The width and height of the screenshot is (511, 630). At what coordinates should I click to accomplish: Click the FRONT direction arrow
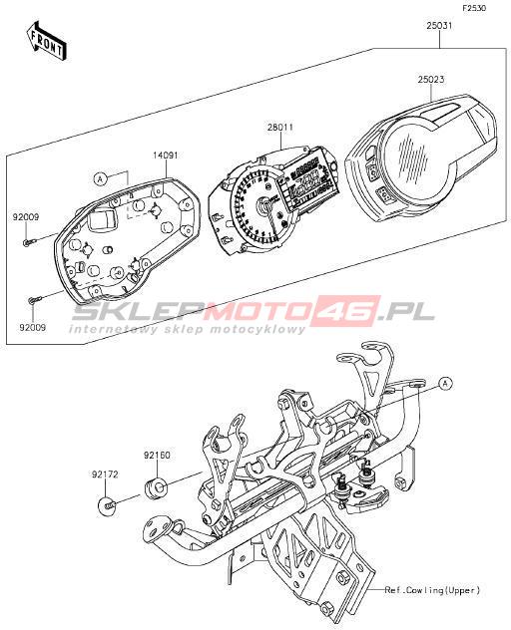tap(47, 42)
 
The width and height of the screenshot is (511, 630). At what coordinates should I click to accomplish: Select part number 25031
tap(439, 26)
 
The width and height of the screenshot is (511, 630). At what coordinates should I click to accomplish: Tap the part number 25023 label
tap(431, 80)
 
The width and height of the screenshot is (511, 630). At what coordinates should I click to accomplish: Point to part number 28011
tap(280, 128)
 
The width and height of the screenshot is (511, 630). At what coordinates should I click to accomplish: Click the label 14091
tap(165, 156)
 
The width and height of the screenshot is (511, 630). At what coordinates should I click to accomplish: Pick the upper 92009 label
tap(26, 217)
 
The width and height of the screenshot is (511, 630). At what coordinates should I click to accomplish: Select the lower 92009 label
tap(32, 327)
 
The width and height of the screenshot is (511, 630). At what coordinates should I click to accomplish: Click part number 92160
tap(157, 456)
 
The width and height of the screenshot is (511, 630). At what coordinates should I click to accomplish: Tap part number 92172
tap(105, 474)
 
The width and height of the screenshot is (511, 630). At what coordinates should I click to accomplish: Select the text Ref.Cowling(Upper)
tap(432, 590)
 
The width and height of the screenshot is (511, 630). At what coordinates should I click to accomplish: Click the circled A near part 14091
tap(101, 178)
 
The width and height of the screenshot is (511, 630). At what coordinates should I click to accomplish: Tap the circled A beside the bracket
tap(444, 384)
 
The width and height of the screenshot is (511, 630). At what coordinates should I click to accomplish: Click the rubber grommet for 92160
tap(155, 485)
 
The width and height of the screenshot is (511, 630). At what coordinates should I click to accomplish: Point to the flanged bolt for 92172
tap(108, 504)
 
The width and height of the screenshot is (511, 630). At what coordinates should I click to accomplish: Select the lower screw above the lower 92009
tap(35, 299)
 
